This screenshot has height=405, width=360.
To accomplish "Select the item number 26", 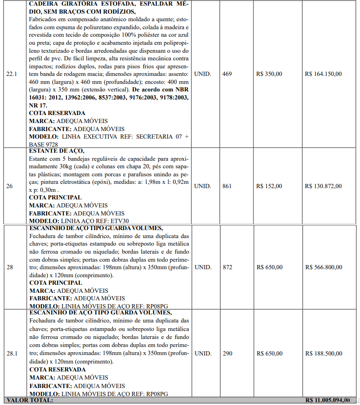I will pos(9,186).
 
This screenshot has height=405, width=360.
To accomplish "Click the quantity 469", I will pos(227,74).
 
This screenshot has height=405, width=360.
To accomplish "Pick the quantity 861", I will pos(227,186).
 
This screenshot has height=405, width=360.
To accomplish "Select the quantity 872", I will pos(227,267).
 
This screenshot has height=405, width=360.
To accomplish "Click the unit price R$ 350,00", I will pos(270,74).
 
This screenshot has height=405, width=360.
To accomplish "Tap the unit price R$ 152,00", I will pos(270,186).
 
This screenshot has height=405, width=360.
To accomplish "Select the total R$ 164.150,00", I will pos(323,74).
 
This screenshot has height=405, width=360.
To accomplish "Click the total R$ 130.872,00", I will pos(323,186).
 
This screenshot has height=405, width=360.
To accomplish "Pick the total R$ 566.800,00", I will pos(323,267).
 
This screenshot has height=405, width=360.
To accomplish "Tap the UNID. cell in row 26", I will pos(203,186).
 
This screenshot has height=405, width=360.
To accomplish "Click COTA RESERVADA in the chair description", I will pos(57,113).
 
